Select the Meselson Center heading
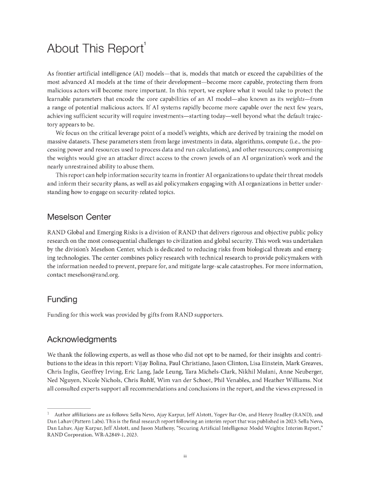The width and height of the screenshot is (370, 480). pos(79,217)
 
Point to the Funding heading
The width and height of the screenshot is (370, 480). pos(62,299)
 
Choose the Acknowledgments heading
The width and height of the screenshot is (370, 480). pos(82,339)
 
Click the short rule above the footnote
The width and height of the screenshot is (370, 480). pos(69,408)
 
